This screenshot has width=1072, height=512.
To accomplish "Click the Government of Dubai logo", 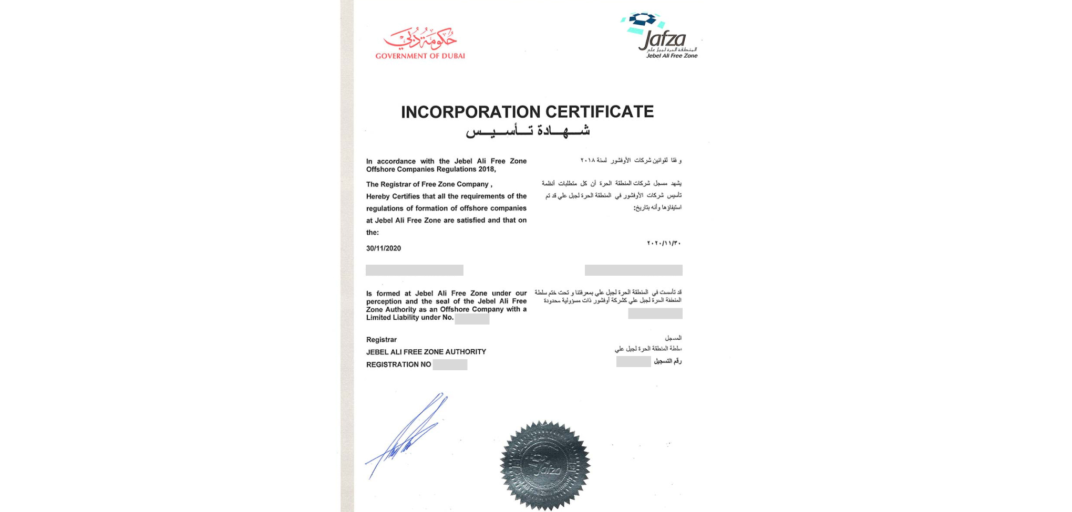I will click(420, 43).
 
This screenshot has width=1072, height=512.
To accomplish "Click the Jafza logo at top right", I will click(661, 34).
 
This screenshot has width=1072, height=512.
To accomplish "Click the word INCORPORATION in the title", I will click(470, 112).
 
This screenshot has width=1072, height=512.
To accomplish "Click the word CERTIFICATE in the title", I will click(600, 112).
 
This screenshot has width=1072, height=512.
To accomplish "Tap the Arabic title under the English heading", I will click(528, 130).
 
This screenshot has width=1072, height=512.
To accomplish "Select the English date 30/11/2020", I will click(384, 248).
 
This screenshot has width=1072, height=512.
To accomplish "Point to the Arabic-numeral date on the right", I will click(664, 243).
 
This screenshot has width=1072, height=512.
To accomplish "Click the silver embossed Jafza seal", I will click(545, 465).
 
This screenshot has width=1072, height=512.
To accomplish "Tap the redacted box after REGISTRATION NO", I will click(450, 364).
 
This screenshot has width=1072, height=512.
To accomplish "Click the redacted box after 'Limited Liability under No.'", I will click(472, 319).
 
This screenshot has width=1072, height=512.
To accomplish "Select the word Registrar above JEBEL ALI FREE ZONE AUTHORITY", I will click(382, 340).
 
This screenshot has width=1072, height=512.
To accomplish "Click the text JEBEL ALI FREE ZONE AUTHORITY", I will click(426, 352).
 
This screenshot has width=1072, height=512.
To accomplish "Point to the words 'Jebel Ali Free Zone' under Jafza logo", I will click(672, 56).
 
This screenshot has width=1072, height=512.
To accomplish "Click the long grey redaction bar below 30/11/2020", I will click(415, 270).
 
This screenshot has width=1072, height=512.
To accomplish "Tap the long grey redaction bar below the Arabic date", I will click(633, 270).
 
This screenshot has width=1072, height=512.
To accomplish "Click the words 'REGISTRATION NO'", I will click(398, 364).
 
